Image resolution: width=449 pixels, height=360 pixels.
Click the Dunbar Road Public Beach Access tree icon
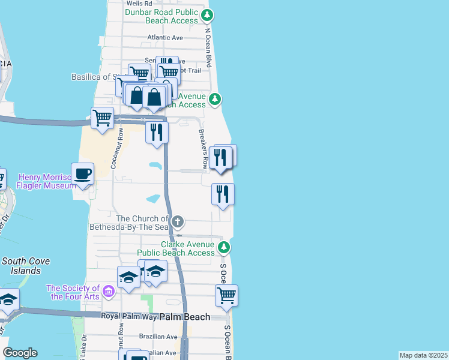(x=207, y=14)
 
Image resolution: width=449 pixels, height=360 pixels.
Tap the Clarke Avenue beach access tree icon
(x=224, y=247)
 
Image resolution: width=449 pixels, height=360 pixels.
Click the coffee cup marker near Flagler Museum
(x=83, y=175)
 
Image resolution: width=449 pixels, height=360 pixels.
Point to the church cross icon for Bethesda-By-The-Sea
(x=177, y=223)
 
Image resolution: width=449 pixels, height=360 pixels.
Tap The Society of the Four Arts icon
(x=108, y=292)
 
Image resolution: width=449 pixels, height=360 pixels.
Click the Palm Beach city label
(x=187, y=317)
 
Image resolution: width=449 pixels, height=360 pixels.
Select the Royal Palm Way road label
(x=128, y=316)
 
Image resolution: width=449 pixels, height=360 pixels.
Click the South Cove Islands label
(x=26, y=266)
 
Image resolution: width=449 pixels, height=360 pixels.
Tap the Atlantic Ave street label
(x=165, y=37)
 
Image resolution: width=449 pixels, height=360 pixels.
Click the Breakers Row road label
(x=204, y=149)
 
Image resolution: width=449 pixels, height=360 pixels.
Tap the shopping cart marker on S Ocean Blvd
(x=226, y=295)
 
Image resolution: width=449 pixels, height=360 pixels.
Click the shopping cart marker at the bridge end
(x=103, y=118)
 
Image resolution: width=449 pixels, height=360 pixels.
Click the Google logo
(x=20, y=353)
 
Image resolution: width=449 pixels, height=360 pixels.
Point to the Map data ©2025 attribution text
(x=423, y=355)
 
